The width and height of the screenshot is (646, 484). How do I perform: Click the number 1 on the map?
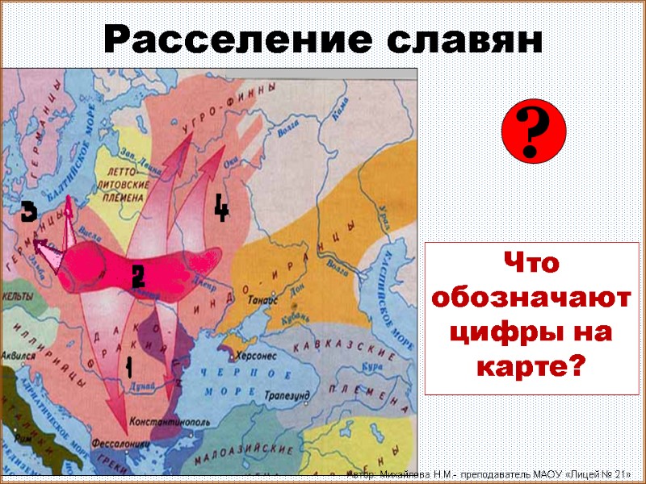[127, 367]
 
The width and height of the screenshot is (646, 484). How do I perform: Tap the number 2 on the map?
[138, 277]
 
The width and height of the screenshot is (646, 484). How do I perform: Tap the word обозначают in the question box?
[531, 298]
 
